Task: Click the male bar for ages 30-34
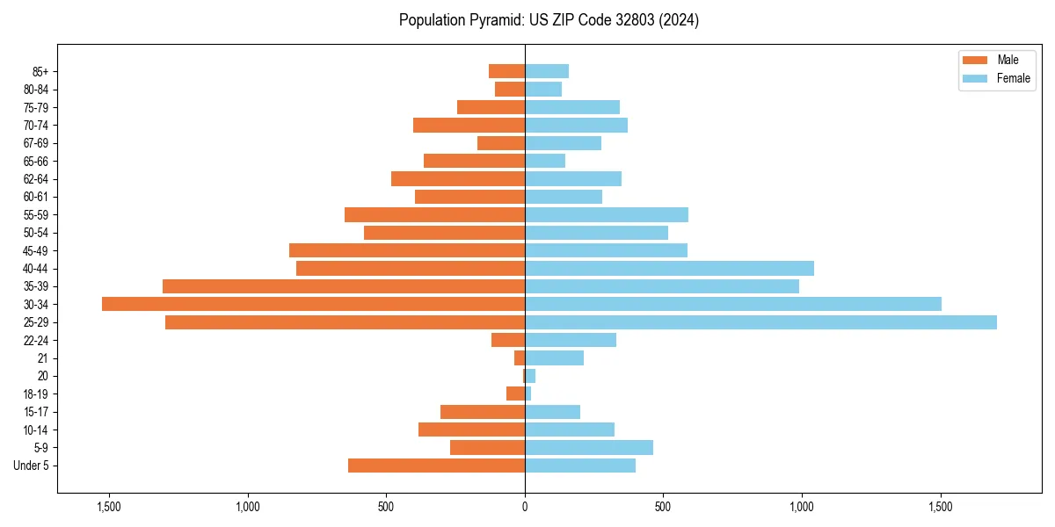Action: (313, 304)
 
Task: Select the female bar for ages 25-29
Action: (760, 322)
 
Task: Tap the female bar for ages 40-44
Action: (669, 268)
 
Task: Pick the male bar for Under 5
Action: (436, 466)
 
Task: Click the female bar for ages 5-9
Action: (589, 448)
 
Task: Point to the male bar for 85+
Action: (506, 71)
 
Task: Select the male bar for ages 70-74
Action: (469, 125)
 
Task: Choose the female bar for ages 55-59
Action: (607, 214)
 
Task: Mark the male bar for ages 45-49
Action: (407, 250)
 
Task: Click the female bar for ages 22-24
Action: (571, 340)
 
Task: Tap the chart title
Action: (549, 20)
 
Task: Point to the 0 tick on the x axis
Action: (525, 507)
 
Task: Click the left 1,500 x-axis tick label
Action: (109, 507)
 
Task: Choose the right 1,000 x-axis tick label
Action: (802, 507)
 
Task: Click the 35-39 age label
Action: (36, 286)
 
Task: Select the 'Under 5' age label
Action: (31, 466)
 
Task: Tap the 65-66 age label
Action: (36, 161)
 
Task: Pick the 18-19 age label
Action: (36, 393)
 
